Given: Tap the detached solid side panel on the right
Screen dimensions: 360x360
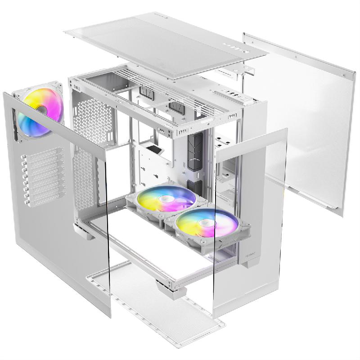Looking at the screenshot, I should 301,121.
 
